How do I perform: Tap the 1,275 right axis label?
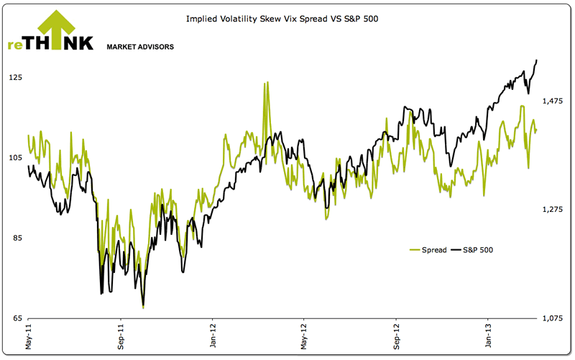coord(553,210)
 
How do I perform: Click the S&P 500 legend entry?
coord(477,250)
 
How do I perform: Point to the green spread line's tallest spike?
coord(266,83)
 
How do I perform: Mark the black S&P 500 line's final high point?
coord(538,60)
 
